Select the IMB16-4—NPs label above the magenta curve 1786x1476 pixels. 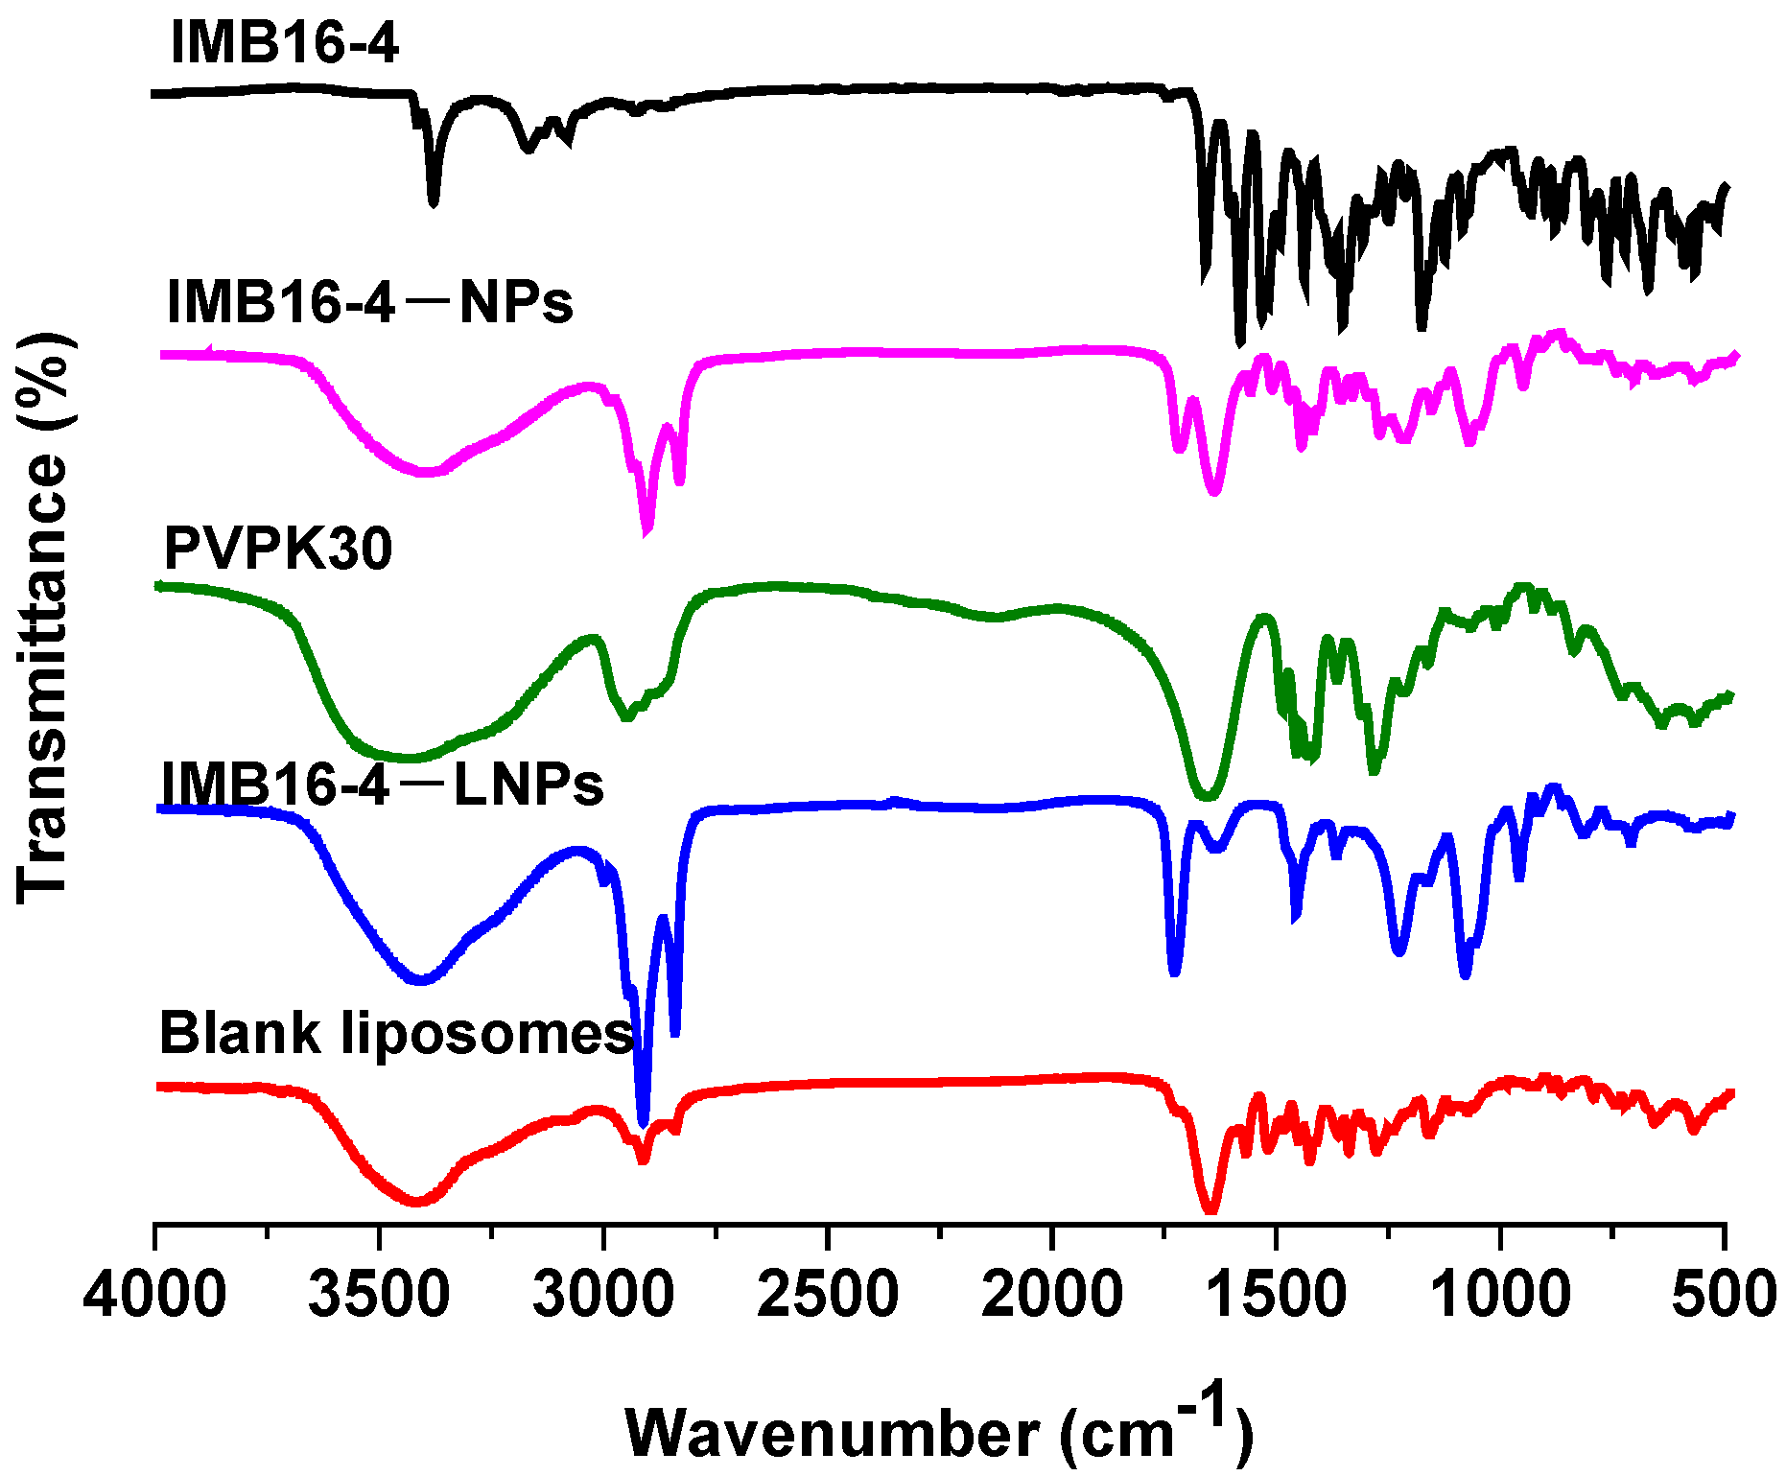pyautogui.click(x=370, y=302)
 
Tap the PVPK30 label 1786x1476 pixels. pyautogui.click(x=278, y=550)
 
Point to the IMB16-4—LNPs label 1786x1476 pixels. pyautogui.click(x=383, y=785)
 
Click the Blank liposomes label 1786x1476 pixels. pyautogui.click(x=396, y=1034)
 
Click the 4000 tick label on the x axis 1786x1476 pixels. pyautogui.click(x=154, y=1294)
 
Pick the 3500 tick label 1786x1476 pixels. pyautogui.click(x=379, y=1294)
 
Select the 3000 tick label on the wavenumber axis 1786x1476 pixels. pyautogui.click(x=603, y=1294)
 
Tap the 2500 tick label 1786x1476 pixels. pyautogui.click(x=828, y=1294)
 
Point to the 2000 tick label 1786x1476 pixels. pyautogui.click(x=1052, y=1294)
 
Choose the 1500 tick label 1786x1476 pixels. pyautogui.click(x=1277, y=1294)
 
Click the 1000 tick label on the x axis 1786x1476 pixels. pyautogui.click(x=1501, y=1294)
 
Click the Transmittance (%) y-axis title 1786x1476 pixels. pyautogui.click(x=43, y=619)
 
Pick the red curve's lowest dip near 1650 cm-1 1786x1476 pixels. pyautogui.click(x=1210, y=1211)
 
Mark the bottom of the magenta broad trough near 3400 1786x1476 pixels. pyautogui.click(x=427, y=472)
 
